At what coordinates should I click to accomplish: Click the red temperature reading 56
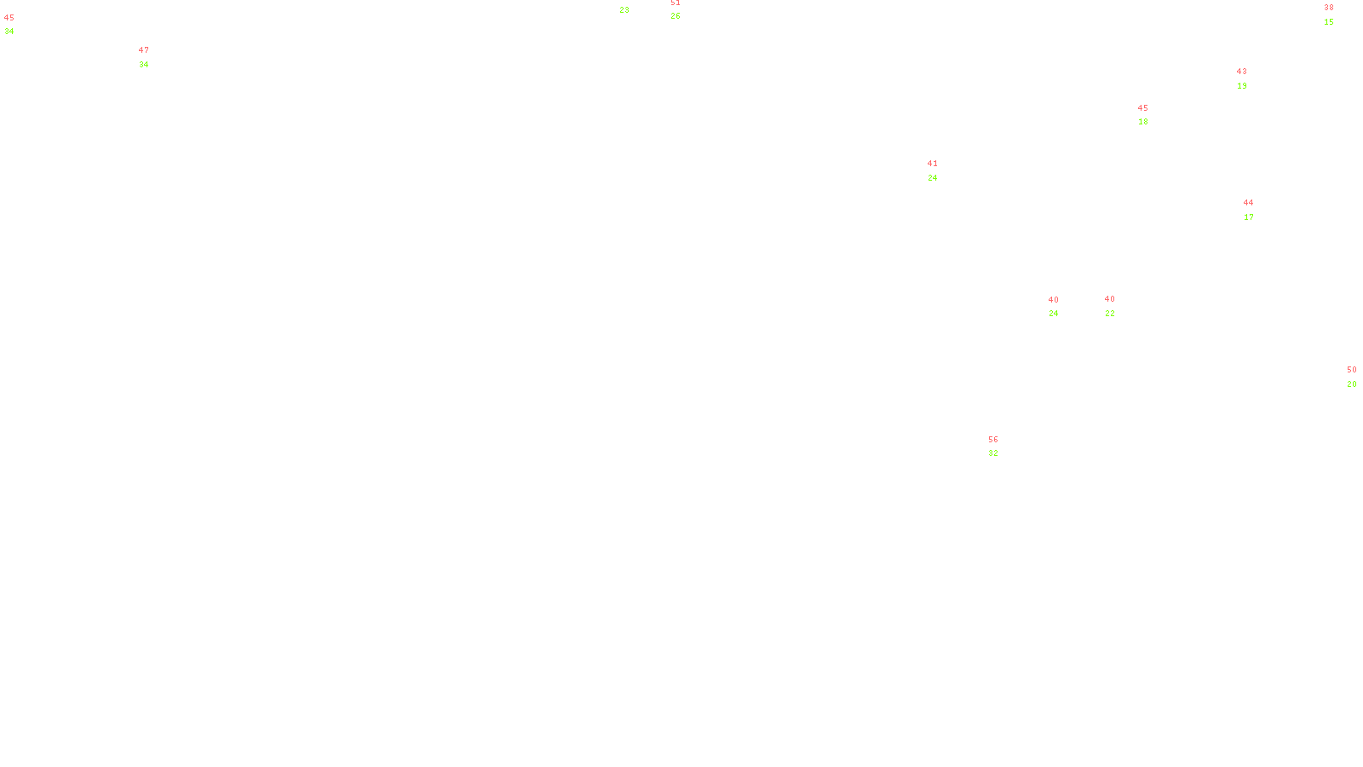click(993, 440)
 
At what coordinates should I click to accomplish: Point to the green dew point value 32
click(993, 453)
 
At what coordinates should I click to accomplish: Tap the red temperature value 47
click(144, 50)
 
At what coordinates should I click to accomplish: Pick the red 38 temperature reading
click(1329, 8)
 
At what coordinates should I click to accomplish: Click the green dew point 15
click(1329, 22)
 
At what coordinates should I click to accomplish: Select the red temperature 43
click(1242, 72)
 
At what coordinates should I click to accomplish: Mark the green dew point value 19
click(1242, 86)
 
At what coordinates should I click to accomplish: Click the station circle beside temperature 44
click(1257, 210)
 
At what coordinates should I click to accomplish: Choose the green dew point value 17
click(1249, 217)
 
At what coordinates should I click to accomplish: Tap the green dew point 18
click(1143, 122)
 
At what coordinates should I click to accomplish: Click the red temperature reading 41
click(933, 164)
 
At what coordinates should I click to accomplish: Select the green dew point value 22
click(1110, 314)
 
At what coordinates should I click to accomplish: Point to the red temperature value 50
click(1352, 370)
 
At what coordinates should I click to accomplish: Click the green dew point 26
click(676, 16)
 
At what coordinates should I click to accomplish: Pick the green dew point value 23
click(624, 10)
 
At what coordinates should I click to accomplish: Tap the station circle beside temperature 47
click(152, 57)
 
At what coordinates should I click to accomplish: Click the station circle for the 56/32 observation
click(1002, 447)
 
